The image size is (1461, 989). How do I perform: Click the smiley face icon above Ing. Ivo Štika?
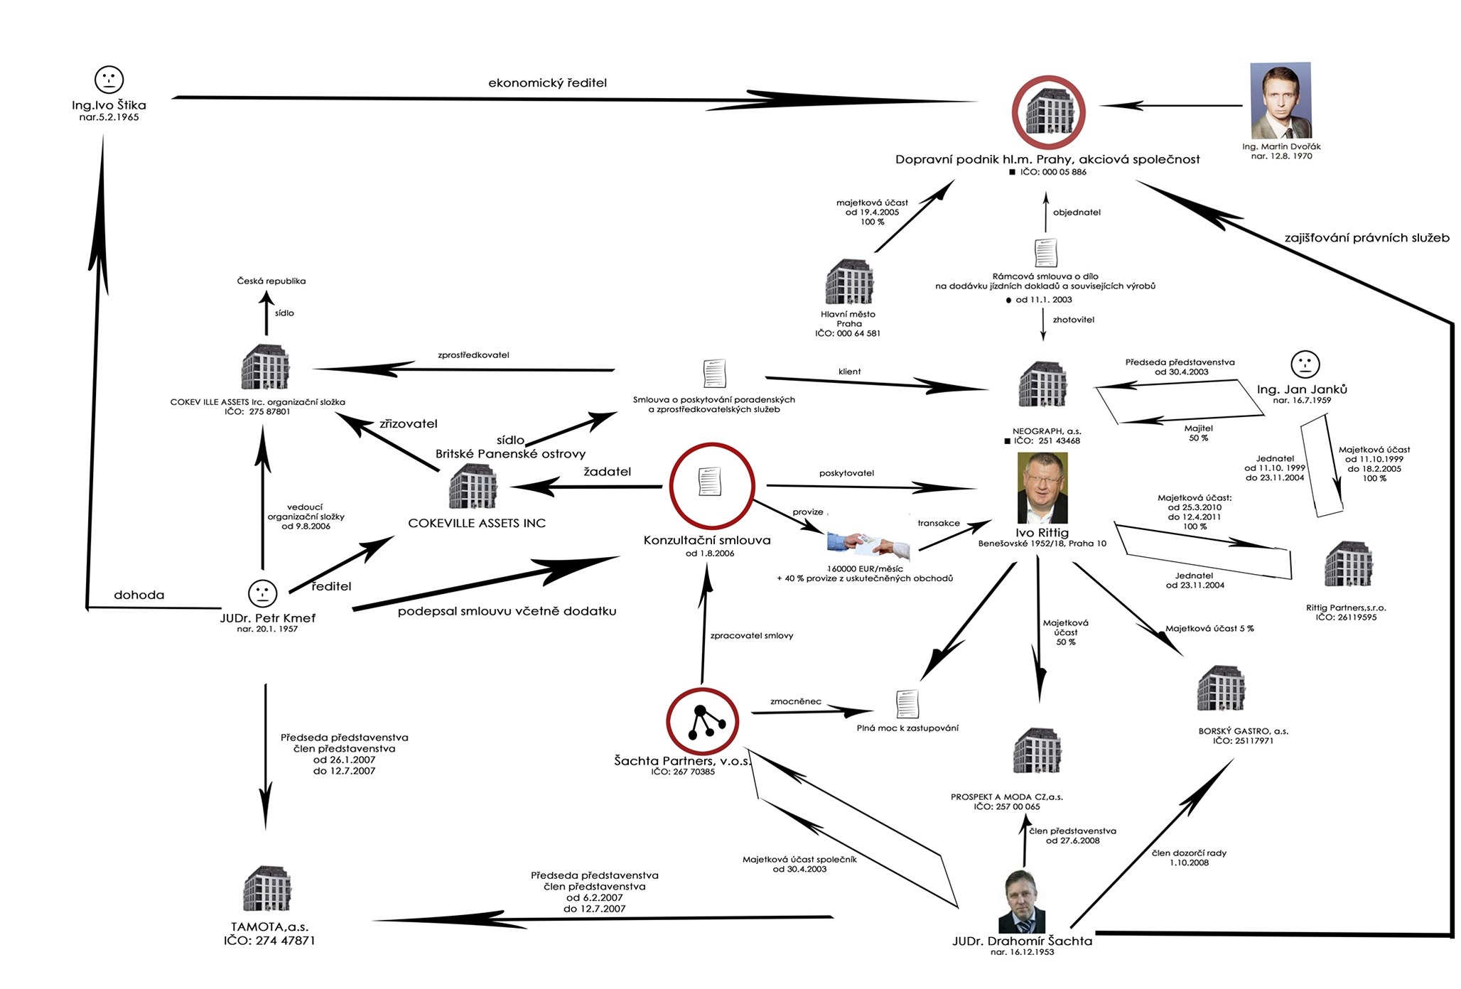(109, 80)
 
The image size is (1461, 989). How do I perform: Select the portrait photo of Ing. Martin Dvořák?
(1281, 100)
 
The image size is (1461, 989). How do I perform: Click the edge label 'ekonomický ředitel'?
(547, 83)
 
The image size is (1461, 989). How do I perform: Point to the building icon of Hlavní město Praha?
(849, 282)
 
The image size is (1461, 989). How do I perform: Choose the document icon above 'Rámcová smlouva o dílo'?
(1045, 252)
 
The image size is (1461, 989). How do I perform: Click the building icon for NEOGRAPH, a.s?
(1042, 384)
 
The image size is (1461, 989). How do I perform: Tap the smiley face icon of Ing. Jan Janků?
(1305, 364)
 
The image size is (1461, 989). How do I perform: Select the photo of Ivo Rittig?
(1042, 488)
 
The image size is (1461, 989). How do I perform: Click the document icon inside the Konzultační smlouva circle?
(710, 482)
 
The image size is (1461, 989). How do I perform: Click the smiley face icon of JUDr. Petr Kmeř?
(262, 593)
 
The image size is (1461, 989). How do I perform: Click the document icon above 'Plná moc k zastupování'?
(907, 704)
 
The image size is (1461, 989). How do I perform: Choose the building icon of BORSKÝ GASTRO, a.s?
(1221, 688)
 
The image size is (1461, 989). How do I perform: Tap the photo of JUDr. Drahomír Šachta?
(1022, 902)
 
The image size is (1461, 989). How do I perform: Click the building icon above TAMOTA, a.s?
(267, 888)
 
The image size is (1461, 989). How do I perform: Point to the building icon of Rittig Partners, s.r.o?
(1348, 564)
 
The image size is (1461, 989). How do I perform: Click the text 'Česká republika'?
(271, 281)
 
